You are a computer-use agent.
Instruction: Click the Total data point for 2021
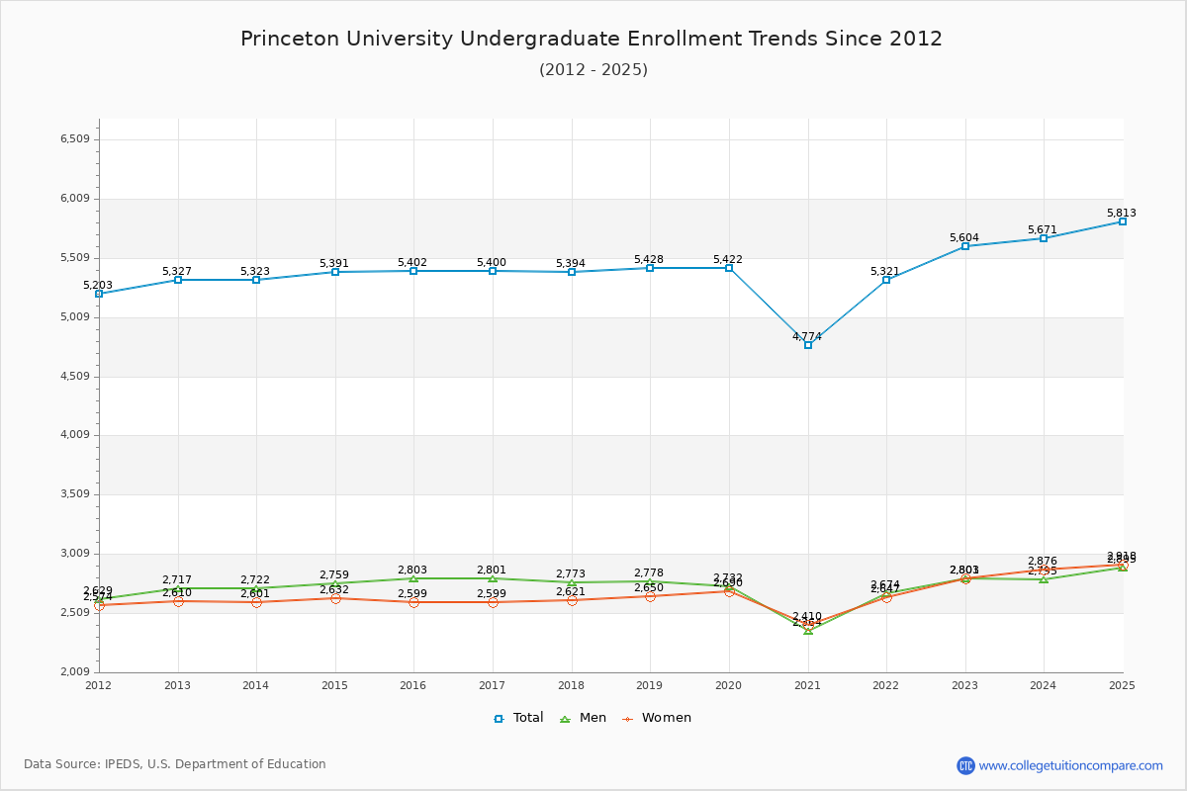808,345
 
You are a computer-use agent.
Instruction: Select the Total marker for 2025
1123,221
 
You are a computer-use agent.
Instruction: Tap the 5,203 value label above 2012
98,285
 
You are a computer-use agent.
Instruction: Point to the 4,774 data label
807,336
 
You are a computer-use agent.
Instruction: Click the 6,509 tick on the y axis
75,139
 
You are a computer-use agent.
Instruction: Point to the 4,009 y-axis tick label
75,435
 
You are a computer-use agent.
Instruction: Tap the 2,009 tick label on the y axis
75,672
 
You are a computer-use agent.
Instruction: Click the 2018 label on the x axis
571,685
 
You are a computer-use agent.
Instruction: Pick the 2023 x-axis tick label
964,685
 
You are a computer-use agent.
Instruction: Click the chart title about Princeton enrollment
592,39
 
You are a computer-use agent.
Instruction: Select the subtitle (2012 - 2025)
593,69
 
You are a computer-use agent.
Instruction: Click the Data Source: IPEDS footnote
175,764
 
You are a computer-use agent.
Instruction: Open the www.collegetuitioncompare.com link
1070,765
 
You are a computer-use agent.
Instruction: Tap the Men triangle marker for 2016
413,578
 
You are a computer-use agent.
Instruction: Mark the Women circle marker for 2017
493,602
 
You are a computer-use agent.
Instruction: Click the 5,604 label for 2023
963,237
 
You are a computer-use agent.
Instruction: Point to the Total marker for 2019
650,268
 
